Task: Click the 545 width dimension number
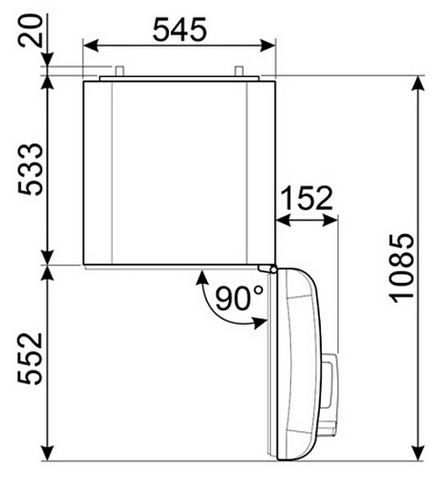point(180,30)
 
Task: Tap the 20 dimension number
point(31,31)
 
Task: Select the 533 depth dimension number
point(30,169)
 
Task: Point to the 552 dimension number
point(30,358)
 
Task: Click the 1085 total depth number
point(401,269)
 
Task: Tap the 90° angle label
point(240,297)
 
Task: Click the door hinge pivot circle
point(273,269)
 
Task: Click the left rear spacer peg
point(120,71)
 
